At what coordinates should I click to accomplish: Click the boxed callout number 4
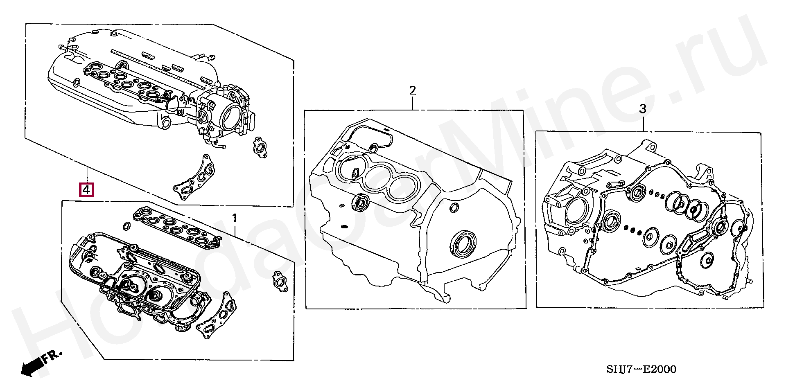(87, 190)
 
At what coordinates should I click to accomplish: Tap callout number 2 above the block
(412, 90)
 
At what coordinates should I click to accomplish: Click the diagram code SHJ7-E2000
(641, 369)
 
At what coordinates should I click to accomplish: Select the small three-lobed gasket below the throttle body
(259, 146)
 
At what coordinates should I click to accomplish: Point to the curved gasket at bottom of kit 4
(195, 178)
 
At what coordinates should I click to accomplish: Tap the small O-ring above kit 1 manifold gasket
(127, 225)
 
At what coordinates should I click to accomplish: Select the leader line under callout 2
(412, 103)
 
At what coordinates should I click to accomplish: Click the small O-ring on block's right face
(454, 207)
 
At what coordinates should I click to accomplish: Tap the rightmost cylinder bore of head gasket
(404, 189)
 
